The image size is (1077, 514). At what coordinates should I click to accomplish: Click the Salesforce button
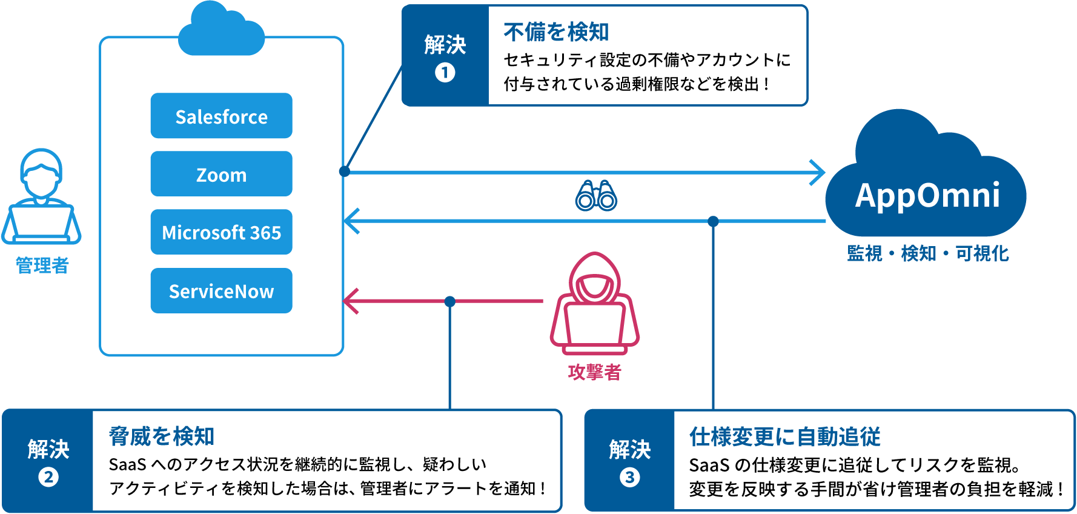point(221,116)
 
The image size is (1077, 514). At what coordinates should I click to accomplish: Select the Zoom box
point(221,174)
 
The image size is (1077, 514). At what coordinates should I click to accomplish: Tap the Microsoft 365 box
point(221,232)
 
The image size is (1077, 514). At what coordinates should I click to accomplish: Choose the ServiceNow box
point(221,291)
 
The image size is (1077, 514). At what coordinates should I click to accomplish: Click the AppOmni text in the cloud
point(927,195)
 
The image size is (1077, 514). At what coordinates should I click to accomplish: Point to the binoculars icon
point(596,196)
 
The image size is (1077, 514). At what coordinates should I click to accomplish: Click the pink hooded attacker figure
point(595,303)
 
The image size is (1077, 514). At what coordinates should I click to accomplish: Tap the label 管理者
point(42,265)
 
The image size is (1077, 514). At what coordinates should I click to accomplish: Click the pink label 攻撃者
point(594,372)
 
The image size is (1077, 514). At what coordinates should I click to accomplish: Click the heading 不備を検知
point(556,32)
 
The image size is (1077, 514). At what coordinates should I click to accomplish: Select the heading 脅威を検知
point(161,436)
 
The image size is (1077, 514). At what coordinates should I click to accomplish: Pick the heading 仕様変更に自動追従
point(784,436)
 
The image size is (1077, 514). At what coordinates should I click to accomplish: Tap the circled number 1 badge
point(445,73)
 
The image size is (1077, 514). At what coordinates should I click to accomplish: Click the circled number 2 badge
point(48,478)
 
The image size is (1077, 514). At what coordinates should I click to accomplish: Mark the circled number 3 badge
point(629,478)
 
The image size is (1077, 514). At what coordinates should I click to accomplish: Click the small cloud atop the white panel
point(222,30)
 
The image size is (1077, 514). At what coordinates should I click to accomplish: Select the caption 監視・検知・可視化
point(927,253)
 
